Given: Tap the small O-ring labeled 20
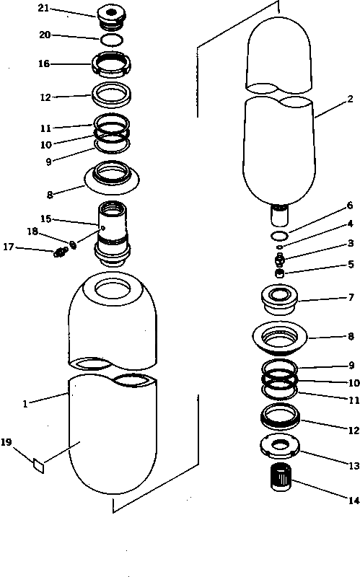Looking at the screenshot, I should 112,39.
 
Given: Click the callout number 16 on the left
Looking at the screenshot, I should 44,63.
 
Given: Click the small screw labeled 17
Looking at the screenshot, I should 61,252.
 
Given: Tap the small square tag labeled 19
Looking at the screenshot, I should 38,464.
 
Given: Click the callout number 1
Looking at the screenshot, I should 25,404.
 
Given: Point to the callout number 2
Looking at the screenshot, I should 349,99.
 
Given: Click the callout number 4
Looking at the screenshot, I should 350,224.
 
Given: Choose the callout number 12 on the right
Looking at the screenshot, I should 353,431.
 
